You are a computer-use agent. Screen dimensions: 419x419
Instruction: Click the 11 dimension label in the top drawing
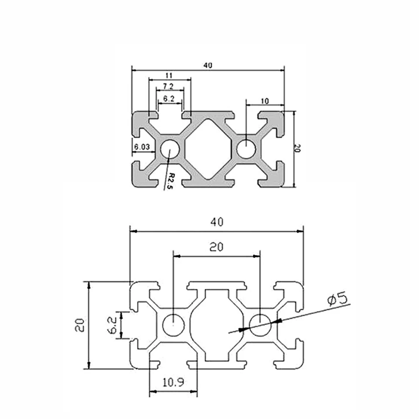tap(170, 75)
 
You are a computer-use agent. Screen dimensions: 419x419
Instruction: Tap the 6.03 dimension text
tap(142, 147)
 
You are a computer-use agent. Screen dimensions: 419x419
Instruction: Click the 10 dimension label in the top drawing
tap(264, 101)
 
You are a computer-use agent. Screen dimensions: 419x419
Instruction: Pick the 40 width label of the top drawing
tap(208, 65)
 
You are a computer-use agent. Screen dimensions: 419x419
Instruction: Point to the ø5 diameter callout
tap(337, 299)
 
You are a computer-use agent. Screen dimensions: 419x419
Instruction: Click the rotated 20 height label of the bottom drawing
tap(79, 325)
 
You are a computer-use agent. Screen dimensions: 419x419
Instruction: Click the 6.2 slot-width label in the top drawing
tap(169, 99)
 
